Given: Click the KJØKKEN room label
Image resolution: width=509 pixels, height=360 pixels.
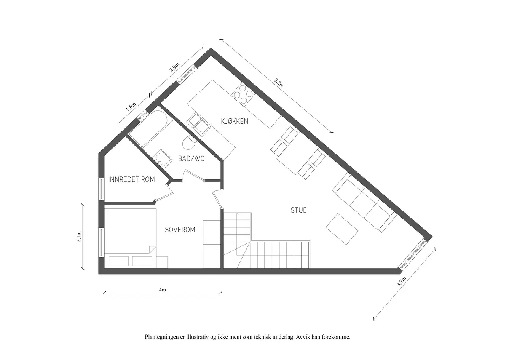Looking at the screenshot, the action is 235,121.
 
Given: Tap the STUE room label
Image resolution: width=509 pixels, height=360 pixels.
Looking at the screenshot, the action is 298,210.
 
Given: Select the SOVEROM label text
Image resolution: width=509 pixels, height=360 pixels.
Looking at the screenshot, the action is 180,230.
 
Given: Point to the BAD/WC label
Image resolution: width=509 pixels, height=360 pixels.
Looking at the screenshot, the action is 191,158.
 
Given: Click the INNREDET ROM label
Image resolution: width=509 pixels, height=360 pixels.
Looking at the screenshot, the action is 132,179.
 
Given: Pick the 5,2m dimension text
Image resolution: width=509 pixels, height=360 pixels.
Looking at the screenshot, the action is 279,83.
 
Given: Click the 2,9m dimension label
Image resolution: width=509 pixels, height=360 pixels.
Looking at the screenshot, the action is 174,67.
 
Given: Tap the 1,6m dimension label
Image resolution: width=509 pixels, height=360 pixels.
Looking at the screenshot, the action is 131,107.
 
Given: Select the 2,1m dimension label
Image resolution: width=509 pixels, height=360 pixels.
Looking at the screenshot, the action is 79,237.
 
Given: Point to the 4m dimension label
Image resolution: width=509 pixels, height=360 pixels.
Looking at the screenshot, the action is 162,290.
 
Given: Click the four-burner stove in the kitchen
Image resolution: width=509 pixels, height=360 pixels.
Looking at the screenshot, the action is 243,94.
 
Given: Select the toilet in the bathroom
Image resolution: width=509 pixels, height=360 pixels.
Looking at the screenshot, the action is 190,142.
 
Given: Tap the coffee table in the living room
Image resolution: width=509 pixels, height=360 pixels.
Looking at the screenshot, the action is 342,229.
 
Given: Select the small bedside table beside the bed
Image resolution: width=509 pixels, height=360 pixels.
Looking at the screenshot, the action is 162,262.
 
